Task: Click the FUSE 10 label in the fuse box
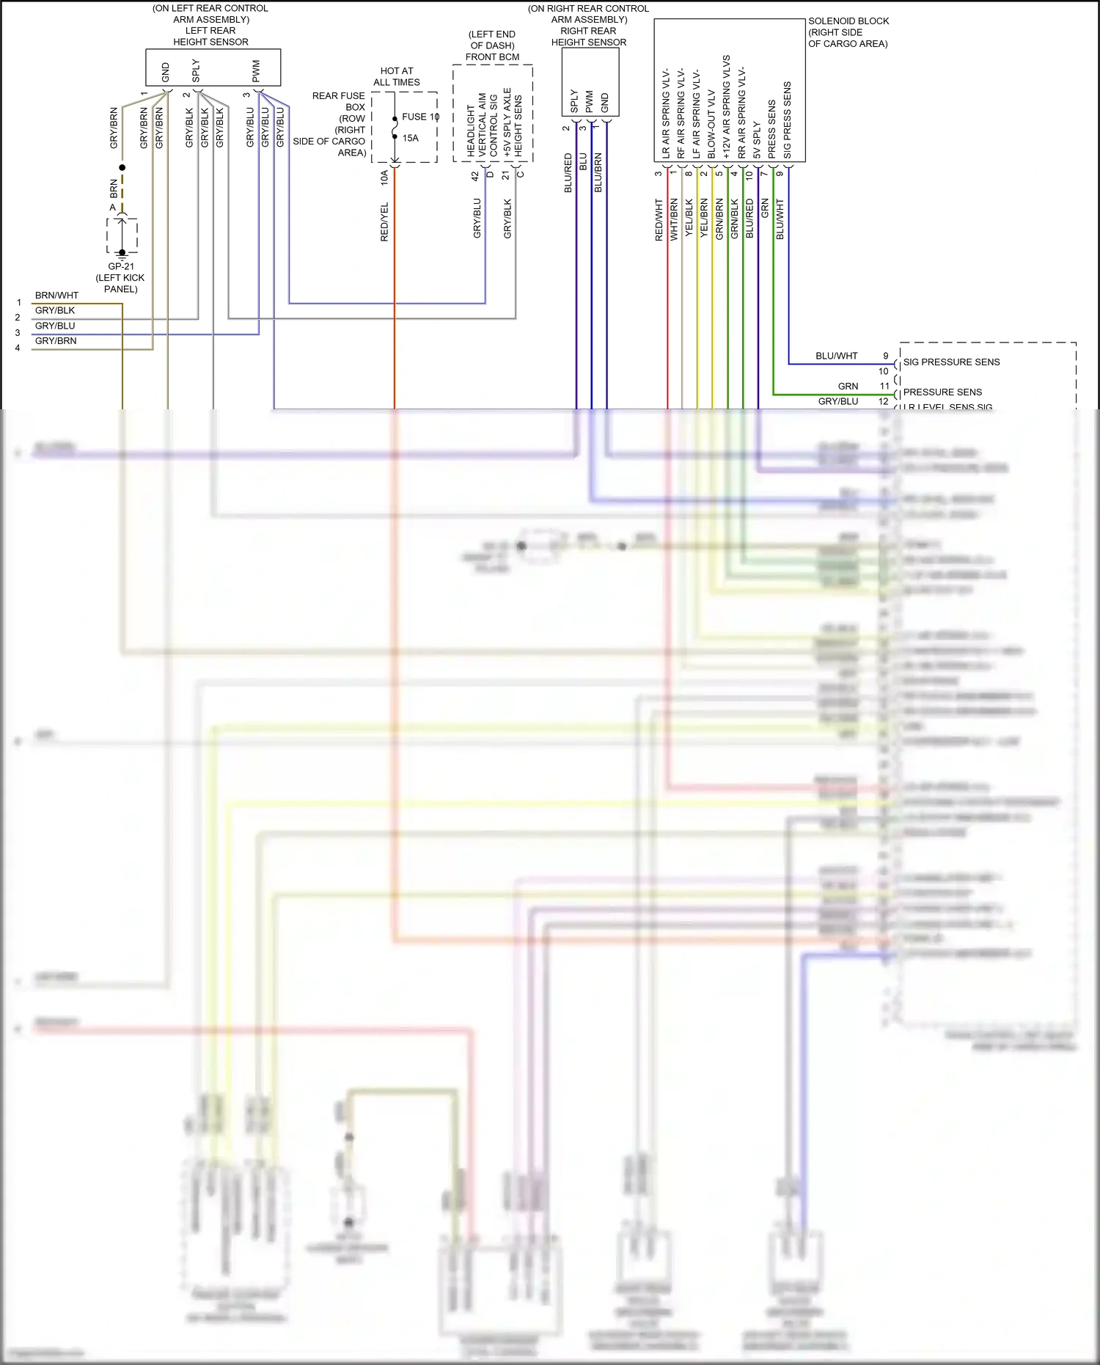click(x=419, y=117)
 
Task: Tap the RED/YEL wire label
click(x=384, y=222)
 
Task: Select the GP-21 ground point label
click(x=121, y=266)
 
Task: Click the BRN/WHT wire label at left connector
click(x=56, y=295)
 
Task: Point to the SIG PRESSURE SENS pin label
click(x=951, y=362)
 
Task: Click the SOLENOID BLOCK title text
click(x=848, y=21)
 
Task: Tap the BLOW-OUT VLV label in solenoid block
click(x=711, y=125)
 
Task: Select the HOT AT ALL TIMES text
click(x=397, y=76)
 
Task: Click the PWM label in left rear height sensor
click(x=256, y=71)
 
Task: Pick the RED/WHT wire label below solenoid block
click(x=659, y=219)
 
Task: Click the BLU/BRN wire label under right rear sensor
click(x=598, y=173)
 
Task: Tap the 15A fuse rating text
click(x=410, y=138)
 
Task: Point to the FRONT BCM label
click(x=492, y=56)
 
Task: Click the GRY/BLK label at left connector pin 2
click(x=55, y=310)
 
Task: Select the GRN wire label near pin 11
click(x=848, y=386)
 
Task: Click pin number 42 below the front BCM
click(x=475, y=176)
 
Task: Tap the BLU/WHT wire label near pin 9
click(x=836, y=356)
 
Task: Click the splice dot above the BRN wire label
click(x=122, y=167)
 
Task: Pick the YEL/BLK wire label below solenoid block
click(x=689, y=218)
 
